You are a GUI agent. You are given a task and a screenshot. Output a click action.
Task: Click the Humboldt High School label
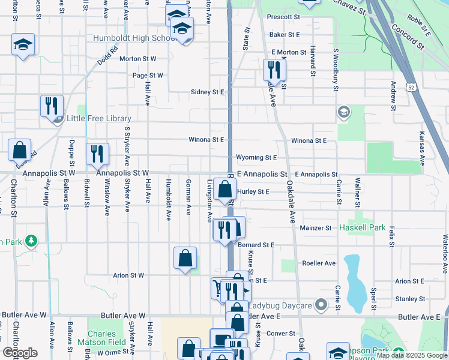point(132,38)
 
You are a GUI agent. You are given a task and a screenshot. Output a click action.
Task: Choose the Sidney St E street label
point(206,92)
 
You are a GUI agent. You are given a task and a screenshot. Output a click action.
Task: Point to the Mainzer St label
point(316,228)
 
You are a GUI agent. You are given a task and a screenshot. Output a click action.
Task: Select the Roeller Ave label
point(319,263)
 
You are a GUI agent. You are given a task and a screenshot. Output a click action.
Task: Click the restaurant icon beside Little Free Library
point(52,106)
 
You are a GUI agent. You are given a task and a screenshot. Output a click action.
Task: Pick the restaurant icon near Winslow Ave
point(97,154)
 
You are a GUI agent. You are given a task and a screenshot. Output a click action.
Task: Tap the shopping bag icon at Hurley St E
point(224,190)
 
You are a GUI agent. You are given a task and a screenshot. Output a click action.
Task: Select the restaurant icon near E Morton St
point(274,70)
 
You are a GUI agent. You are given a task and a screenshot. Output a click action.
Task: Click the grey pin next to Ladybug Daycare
point(322,305)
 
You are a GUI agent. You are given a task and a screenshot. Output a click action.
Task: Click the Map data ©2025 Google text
point(412,355)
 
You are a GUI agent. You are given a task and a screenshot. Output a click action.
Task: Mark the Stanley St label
point(410,299)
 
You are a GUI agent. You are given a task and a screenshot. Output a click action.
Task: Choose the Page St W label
point(148,76)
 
